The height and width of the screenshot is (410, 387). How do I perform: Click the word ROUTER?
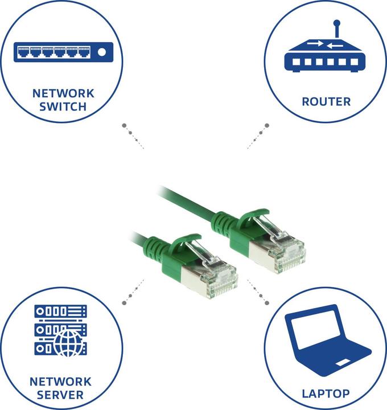point(326,102)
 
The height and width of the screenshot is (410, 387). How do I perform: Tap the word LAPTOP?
point(326,393)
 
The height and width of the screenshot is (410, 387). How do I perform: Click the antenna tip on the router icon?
point(337,24)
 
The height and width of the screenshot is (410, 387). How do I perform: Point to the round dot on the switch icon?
point(101,53)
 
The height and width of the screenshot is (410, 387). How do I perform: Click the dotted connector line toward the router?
point(258,135)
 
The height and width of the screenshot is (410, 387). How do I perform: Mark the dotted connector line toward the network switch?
point(133,136)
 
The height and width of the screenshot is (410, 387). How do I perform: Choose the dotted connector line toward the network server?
point(132,292)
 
